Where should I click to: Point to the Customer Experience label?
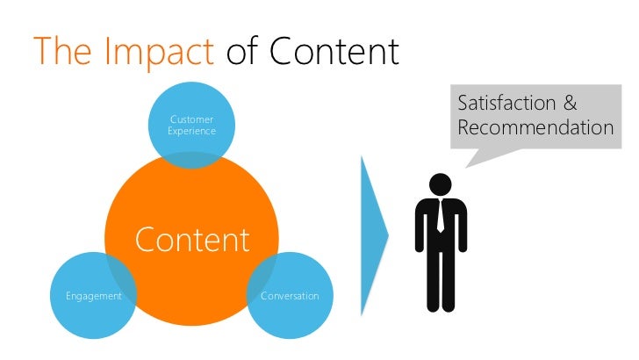(191, 124)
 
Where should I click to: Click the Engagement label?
(93, 296)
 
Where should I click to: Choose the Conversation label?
(290, 296)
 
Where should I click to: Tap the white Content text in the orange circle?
(191, 239)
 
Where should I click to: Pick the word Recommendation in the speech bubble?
(535, 128)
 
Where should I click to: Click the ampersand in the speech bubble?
(570, 103)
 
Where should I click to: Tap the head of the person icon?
(440, 184)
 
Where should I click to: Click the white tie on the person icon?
(440, 216)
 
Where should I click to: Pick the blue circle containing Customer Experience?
(191, 110)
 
